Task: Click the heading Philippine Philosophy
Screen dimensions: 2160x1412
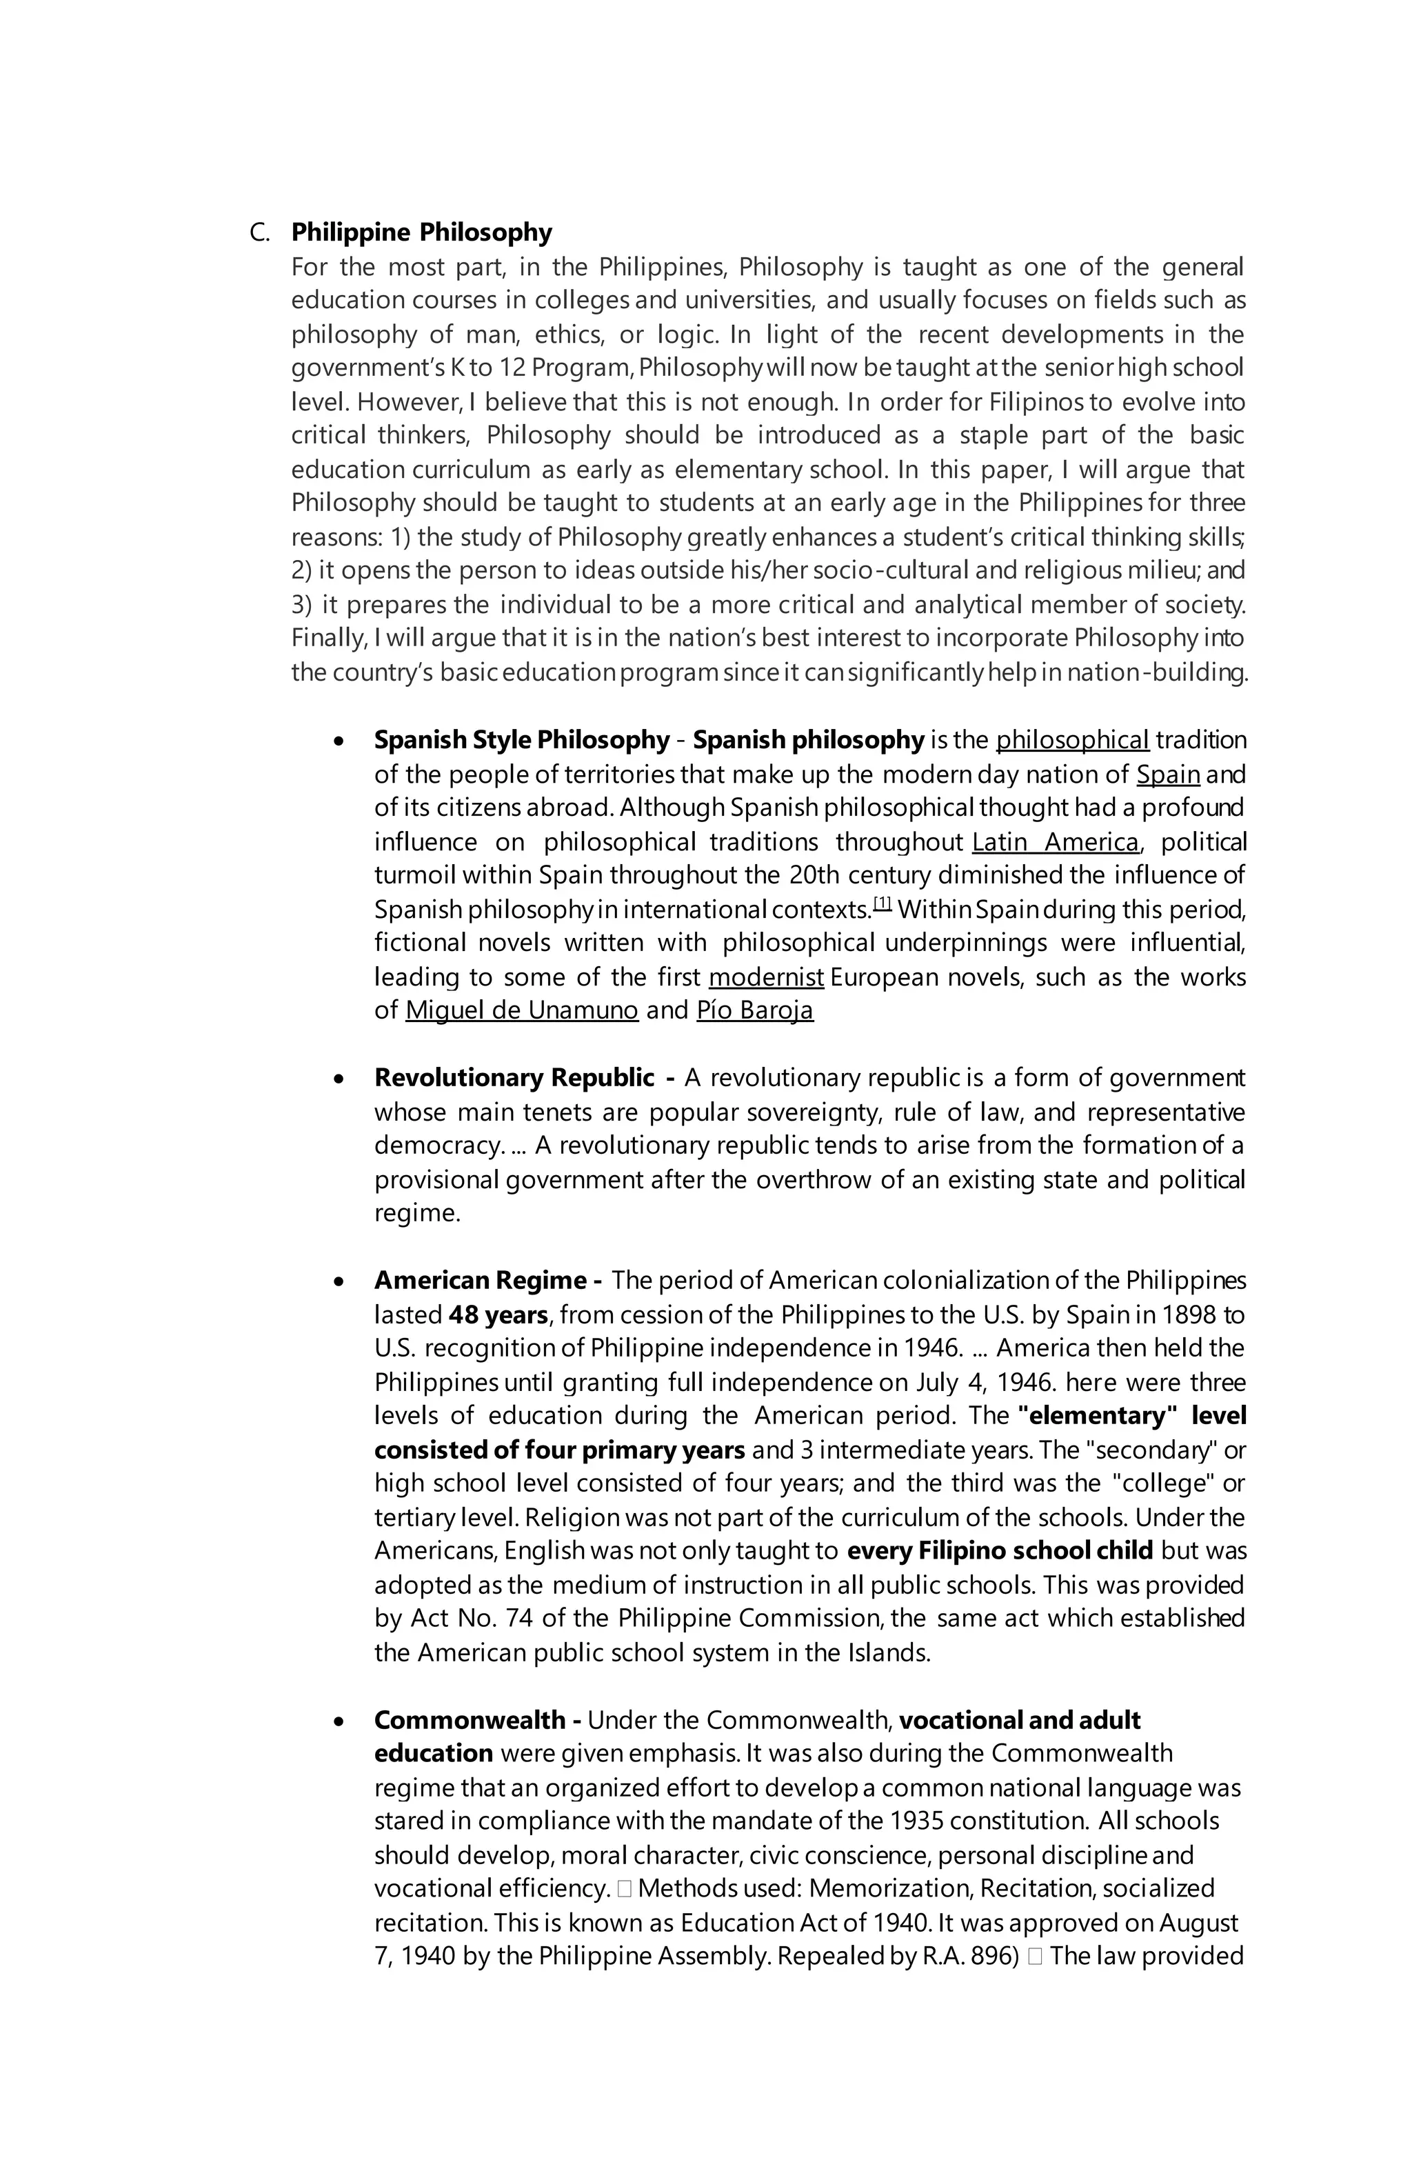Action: pyautogui.click(x=421, y=232)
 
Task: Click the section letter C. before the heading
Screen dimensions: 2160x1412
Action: pyautogui.click(x=259, y=233)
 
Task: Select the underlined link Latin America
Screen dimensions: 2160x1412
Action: pyautogui.click(x=1054, y=842)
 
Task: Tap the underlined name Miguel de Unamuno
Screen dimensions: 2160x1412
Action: pyautogui.click(x=522, y=1010)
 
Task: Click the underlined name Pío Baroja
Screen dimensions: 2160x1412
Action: pyautogui.click(x=755, y=1010)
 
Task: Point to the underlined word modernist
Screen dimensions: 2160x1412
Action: pyautogui.click(x=766, y=977)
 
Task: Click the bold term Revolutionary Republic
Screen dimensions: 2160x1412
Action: pyautogui.click(x=514, y=1077)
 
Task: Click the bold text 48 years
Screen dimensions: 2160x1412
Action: pyautogui.click(x=497, y=1314)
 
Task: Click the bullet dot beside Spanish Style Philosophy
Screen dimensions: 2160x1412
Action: pyautogui.click(x=339, y=741)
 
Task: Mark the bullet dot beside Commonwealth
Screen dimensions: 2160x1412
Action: pyautogui.click(x=339, y=1721)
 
